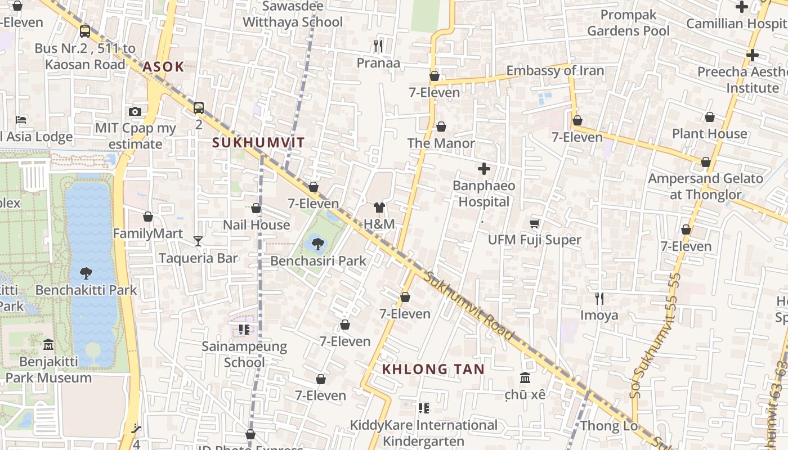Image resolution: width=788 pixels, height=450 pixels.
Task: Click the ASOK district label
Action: tap(163, 67)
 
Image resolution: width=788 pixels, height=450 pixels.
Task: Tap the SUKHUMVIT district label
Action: tap(258, 143)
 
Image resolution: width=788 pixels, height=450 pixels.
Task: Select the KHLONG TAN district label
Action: tap(433, 370)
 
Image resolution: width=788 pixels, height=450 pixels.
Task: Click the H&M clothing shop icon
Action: tap(379, 208)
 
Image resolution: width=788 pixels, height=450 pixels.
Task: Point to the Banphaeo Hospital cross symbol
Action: tap(483, 169)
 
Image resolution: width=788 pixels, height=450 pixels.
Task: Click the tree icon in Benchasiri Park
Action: tap(318, 244)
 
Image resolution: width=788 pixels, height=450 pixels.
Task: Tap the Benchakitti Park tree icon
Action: tap(86, 273)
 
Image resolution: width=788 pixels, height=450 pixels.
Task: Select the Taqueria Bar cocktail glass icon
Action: tap(198, 241)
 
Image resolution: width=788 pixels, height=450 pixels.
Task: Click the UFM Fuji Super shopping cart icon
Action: tap(534, 223)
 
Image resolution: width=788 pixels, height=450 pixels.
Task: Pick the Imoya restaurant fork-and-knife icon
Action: tap(599, 298)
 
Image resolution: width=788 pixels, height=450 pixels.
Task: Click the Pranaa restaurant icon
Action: tap(378, 46)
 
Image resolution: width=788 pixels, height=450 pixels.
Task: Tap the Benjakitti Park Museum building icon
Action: tap(48, 344)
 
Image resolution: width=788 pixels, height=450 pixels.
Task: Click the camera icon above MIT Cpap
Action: tap(135, 111)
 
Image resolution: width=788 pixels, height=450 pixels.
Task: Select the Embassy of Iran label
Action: tap(555, 71)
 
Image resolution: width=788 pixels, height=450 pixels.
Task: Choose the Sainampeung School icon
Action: tap(244, 329)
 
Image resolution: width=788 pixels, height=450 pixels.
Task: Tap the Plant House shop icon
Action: tap(710, 117)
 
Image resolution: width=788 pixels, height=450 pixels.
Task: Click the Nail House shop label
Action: tap(256, 225)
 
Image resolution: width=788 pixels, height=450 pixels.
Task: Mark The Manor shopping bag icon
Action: tap(441, 127)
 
